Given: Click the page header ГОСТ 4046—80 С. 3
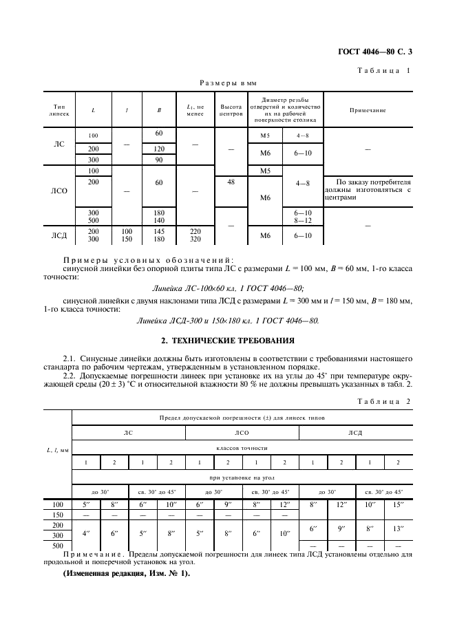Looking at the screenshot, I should click(379, 52).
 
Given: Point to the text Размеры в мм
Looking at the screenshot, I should click(223, 83).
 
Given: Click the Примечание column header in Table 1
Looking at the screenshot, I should click(367, 110).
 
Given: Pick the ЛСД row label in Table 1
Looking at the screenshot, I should click(60, 236).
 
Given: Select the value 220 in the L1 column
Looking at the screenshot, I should click(195, 232).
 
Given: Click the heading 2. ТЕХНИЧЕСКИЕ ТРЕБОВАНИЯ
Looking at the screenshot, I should click(227, 340).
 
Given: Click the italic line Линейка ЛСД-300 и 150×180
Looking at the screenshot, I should click(228, 320).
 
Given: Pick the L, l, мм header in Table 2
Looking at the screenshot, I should click(59, 450).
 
